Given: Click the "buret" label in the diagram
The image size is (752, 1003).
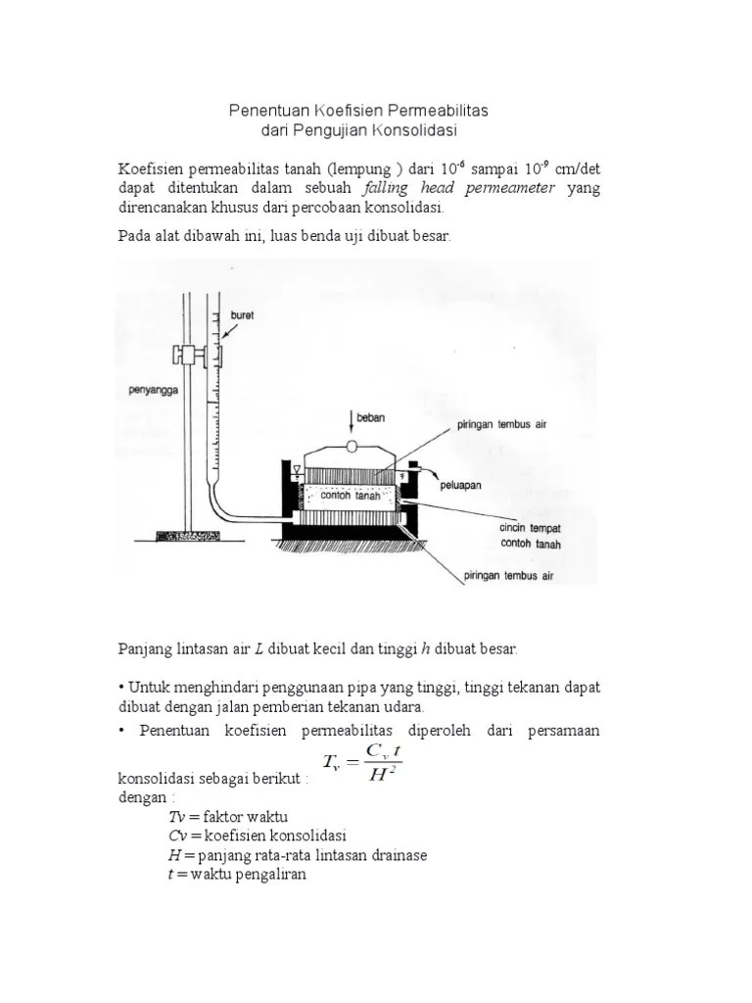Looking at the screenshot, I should click(x=242, y=314).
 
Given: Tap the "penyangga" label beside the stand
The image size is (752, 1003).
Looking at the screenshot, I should click(x=155, y=390).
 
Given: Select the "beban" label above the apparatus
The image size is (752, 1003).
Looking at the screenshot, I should click(x=372, y=417).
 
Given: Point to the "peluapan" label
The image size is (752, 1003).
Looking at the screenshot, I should click(x=461, y=485).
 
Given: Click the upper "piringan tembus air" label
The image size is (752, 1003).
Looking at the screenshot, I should click(x=496, y=425).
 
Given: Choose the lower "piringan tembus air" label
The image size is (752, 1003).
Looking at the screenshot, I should click(x=515, y=576).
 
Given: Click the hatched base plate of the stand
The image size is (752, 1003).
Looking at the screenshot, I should click(x=187, y=536).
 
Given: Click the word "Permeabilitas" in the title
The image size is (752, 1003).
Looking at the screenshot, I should click(x=440, y=111).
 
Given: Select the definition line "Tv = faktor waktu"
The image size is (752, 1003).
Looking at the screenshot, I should click(x=227, y=817).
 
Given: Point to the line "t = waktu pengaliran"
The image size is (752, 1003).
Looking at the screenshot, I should click(x=237, y=874).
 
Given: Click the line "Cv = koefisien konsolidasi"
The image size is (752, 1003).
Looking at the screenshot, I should click(x=258, y=836).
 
